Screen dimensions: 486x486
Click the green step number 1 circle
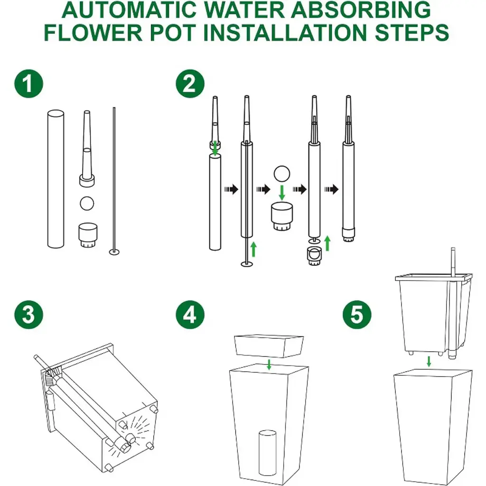point(29,84)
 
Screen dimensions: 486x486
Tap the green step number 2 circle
point(190,84)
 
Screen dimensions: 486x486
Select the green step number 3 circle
point(29,315)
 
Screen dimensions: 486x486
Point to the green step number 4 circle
point(190,315)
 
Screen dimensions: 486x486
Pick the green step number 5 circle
point(357,315)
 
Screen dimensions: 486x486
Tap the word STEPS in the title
point(412,33)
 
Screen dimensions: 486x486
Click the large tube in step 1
point(56,179)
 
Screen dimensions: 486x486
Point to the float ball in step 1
point(87,203)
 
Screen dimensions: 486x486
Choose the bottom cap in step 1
point(88,235)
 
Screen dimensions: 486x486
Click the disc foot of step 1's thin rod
point(114,252)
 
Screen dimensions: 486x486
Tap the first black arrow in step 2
point(231,189)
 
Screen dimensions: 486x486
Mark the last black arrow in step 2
point(331,189)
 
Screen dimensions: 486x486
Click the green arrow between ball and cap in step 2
point(282,193)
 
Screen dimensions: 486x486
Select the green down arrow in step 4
point(269,364)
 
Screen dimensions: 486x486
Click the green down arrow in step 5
point(429,361)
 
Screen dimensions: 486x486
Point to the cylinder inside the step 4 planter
point(268,452)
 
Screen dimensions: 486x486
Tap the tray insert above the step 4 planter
point(269,346)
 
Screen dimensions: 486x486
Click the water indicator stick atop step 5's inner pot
point(453,262)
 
